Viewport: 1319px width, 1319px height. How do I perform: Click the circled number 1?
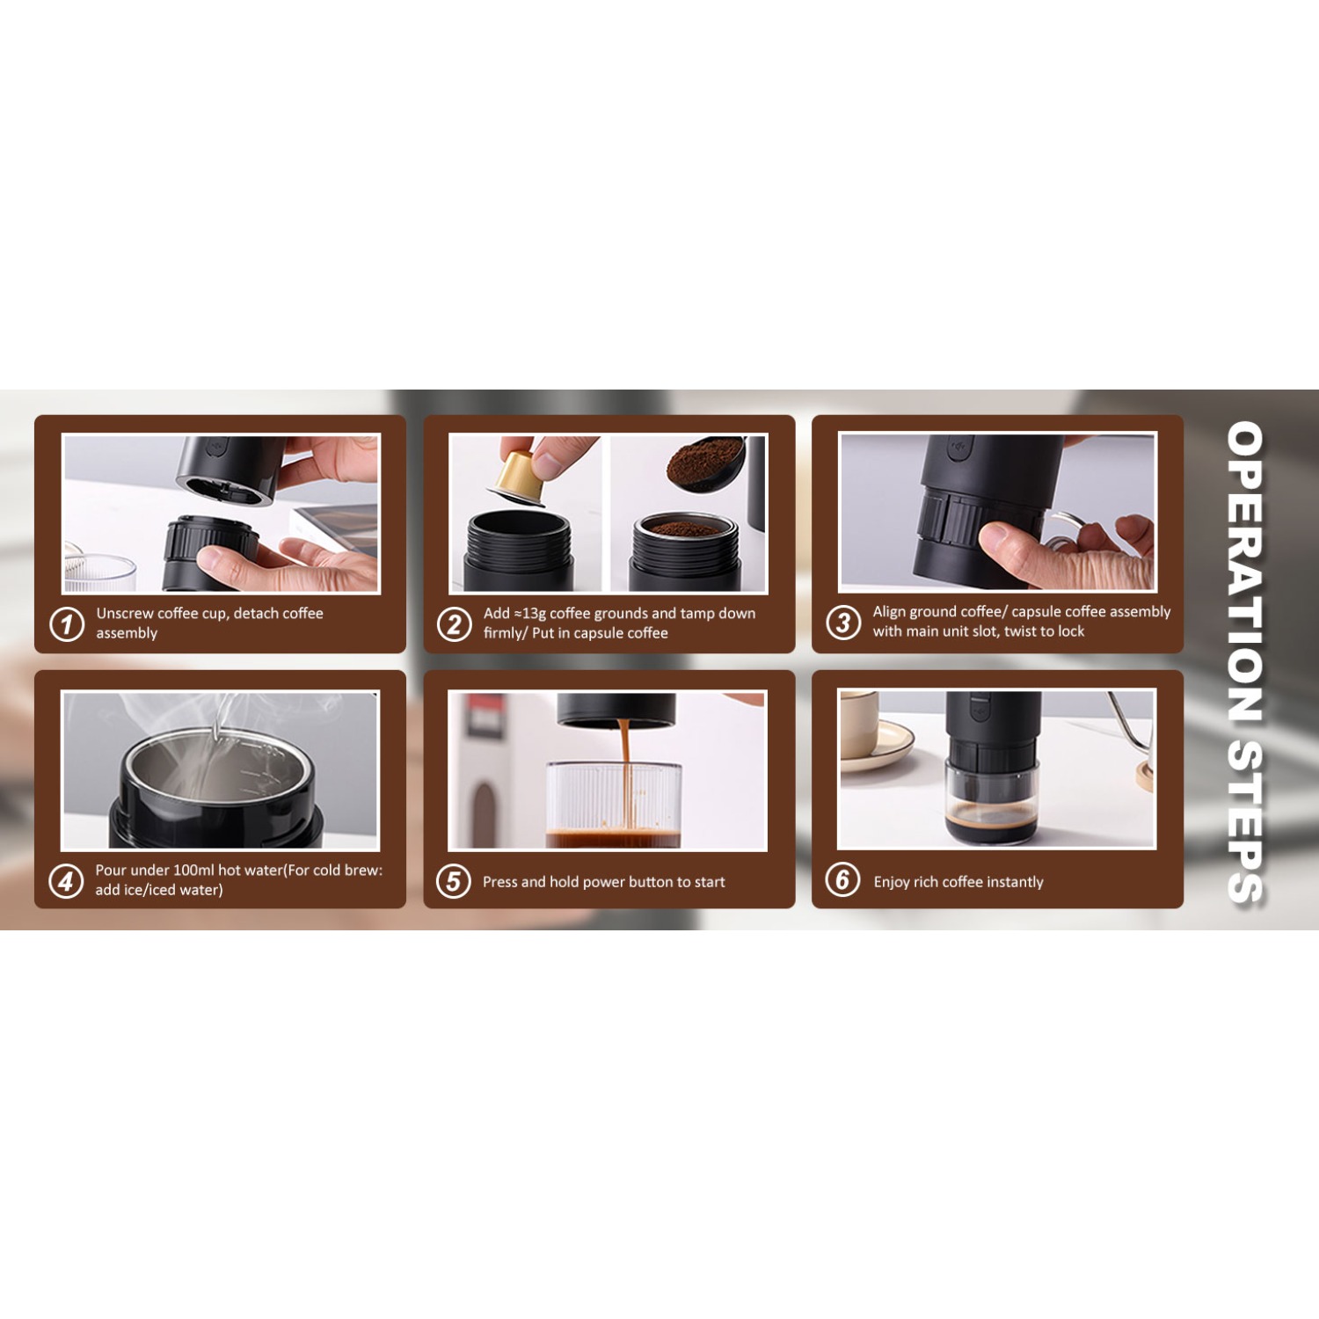(x=67, y=624)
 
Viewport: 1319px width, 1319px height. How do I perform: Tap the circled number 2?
(x=455, y=624)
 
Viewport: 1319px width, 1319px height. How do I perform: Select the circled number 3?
(x=843, y=623)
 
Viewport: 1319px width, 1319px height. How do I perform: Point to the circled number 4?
(x=66, y=880)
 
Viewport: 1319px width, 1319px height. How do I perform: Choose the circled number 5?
(x=454, y=880)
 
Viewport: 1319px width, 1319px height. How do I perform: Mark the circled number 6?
(x=842, y=878)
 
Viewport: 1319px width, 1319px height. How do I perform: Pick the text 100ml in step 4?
(x=193, y=871)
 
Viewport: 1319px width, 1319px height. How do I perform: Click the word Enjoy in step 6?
(x=893, y=882)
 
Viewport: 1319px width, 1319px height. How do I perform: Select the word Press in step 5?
(x=499, y=882)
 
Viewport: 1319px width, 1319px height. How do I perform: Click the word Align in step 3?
(x=889, y=612)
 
